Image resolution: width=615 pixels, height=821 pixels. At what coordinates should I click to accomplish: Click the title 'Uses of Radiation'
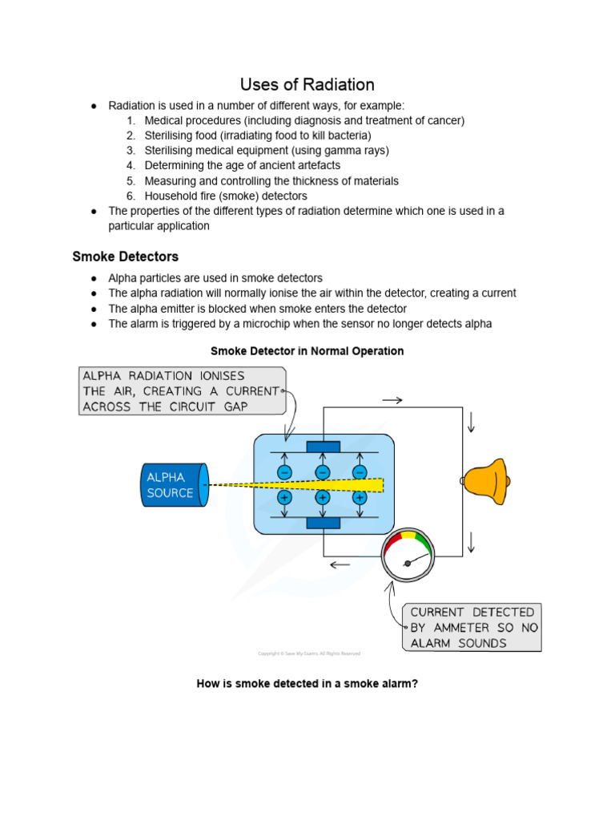(307, 84)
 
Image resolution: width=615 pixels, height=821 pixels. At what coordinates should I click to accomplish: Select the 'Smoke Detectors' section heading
(125, 257)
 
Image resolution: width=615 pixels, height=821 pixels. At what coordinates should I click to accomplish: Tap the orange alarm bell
(486, 481)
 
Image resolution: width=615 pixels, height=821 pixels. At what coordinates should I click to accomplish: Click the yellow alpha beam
(320, 484)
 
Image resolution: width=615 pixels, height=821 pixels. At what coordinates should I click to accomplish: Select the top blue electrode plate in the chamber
(323, 446)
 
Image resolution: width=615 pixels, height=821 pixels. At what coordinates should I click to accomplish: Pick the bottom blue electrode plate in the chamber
(323, 524)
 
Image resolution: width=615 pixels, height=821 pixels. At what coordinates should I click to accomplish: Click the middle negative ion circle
(323, 472)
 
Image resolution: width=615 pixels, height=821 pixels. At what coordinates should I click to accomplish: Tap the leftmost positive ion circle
(284, 498)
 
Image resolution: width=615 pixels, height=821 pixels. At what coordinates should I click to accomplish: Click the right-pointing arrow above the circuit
(392, 399)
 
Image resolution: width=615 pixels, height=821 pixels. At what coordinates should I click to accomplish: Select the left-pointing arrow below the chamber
(340, 564)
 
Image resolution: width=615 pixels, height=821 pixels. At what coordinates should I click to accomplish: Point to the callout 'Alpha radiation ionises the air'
(181, 390)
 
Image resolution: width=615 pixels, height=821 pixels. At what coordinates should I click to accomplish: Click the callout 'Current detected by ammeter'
(472, 627)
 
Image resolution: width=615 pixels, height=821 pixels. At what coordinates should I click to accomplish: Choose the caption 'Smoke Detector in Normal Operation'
(307, 351)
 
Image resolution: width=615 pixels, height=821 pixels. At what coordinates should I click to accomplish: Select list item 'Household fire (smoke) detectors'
(226, 196)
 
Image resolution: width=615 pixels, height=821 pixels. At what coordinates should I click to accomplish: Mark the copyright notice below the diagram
(309, 653)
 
